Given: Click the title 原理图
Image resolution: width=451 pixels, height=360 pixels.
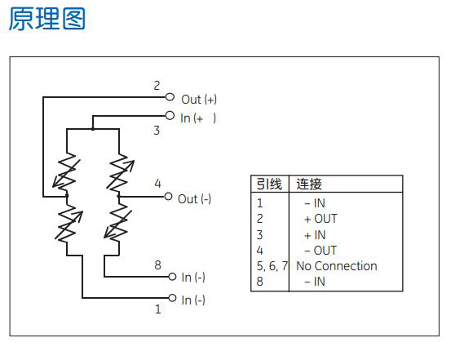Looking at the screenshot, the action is click(46, 19).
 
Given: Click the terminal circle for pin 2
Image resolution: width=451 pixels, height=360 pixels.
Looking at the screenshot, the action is click(170, 97).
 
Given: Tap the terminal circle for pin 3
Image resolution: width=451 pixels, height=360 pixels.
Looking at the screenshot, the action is click(170, 115).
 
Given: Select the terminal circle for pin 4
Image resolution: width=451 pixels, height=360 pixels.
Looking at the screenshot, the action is click(168, 197).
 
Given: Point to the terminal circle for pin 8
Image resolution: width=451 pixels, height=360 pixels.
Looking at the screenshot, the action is click(172, 277).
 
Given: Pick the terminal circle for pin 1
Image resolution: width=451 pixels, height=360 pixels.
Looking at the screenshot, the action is click(172, 298).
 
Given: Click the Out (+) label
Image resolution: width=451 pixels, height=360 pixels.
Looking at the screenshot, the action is click(199, 100).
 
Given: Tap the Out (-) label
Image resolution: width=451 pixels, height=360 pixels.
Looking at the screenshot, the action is click(194, 199).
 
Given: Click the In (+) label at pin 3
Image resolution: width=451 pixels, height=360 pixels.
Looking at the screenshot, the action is click(198, 118).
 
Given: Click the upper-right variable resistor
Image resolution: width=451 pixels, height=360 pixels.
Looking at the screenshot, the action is click(119, 172).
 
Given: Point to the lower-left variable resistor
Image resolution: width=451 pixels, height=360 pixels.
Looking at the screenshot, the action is click(68, 223).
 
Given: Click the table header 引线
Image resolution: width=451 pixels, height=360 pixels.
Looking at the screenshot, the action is click(269, 184).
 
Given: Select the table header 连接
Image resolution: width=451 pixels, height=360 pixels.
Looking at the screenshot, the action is click(309, 184).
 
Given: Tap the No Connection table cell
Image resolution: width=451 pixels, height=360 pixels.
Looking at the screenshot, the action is click(337, 266).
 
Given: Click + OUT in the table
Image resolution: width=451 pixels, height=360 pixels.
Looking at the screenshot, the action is click(321, 219).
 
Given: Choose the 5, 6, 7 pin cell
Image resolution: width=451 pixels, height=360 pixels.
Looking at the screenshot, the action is click(272, 266).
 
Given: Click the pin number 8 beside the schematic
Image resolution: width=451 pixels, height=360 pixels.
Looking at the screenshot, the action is click(157, 265).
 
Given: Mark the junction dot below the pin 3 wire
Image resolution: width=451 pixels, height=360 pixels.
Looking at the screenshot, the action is click(93, 129).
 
